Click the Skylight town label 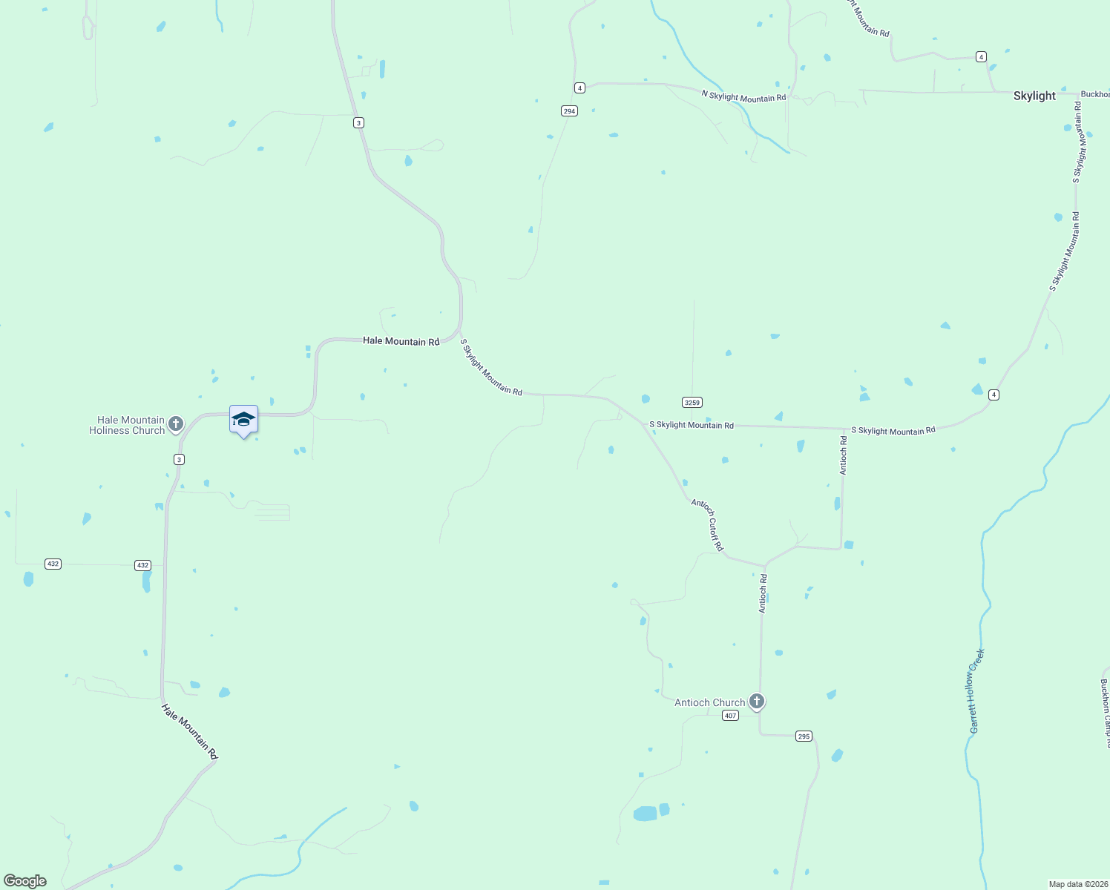pyautogui.click(x=1034, y=96)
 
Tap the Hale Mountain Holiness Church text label pyautogui.click(x=127, y=425)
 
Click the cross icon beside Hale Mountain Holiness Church pyautogui.click(x=176, y=424)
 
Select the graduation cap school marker pyautogui.click(x=243, y=420)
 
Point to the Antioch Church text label pyautogui.click(x=709, y=702)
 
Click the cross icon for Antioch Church pyautogui.click(x=757, y=701)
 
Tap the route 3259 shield pyautogui.click(x=692, y=402)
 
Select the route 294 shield pyautogui.click(x=569, y=111)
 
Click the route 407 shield pyautogui.click(x=731, y=716)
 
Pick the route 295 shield pyautogui.click(x=804, y=736)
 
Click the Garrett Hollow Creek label pyautogui.click(x=977, y=691)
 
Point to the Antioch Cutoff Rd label pyautogui.click(x=707, y=524)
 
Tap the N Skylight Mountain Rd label pyautogui.click(x=743, y=96)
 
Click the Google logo pyautogui.click(x=25, y=881)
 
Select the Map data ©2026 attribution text pyautogui.click(x=1078, y=884)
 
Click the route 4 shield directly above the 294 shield pyautogui.click(x=579, y=88)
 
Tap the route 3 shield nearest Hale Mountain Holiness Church pyautogui.click(x=179, y=460)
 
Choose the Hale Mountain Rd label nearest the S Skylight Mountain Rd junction pyautogui.click(x=401, y=341)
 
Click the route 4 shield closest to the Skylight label pyautogui.click(x=981, y=57)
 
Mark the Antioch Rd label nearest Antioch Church pyautogui.click(x=763, y=593)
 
